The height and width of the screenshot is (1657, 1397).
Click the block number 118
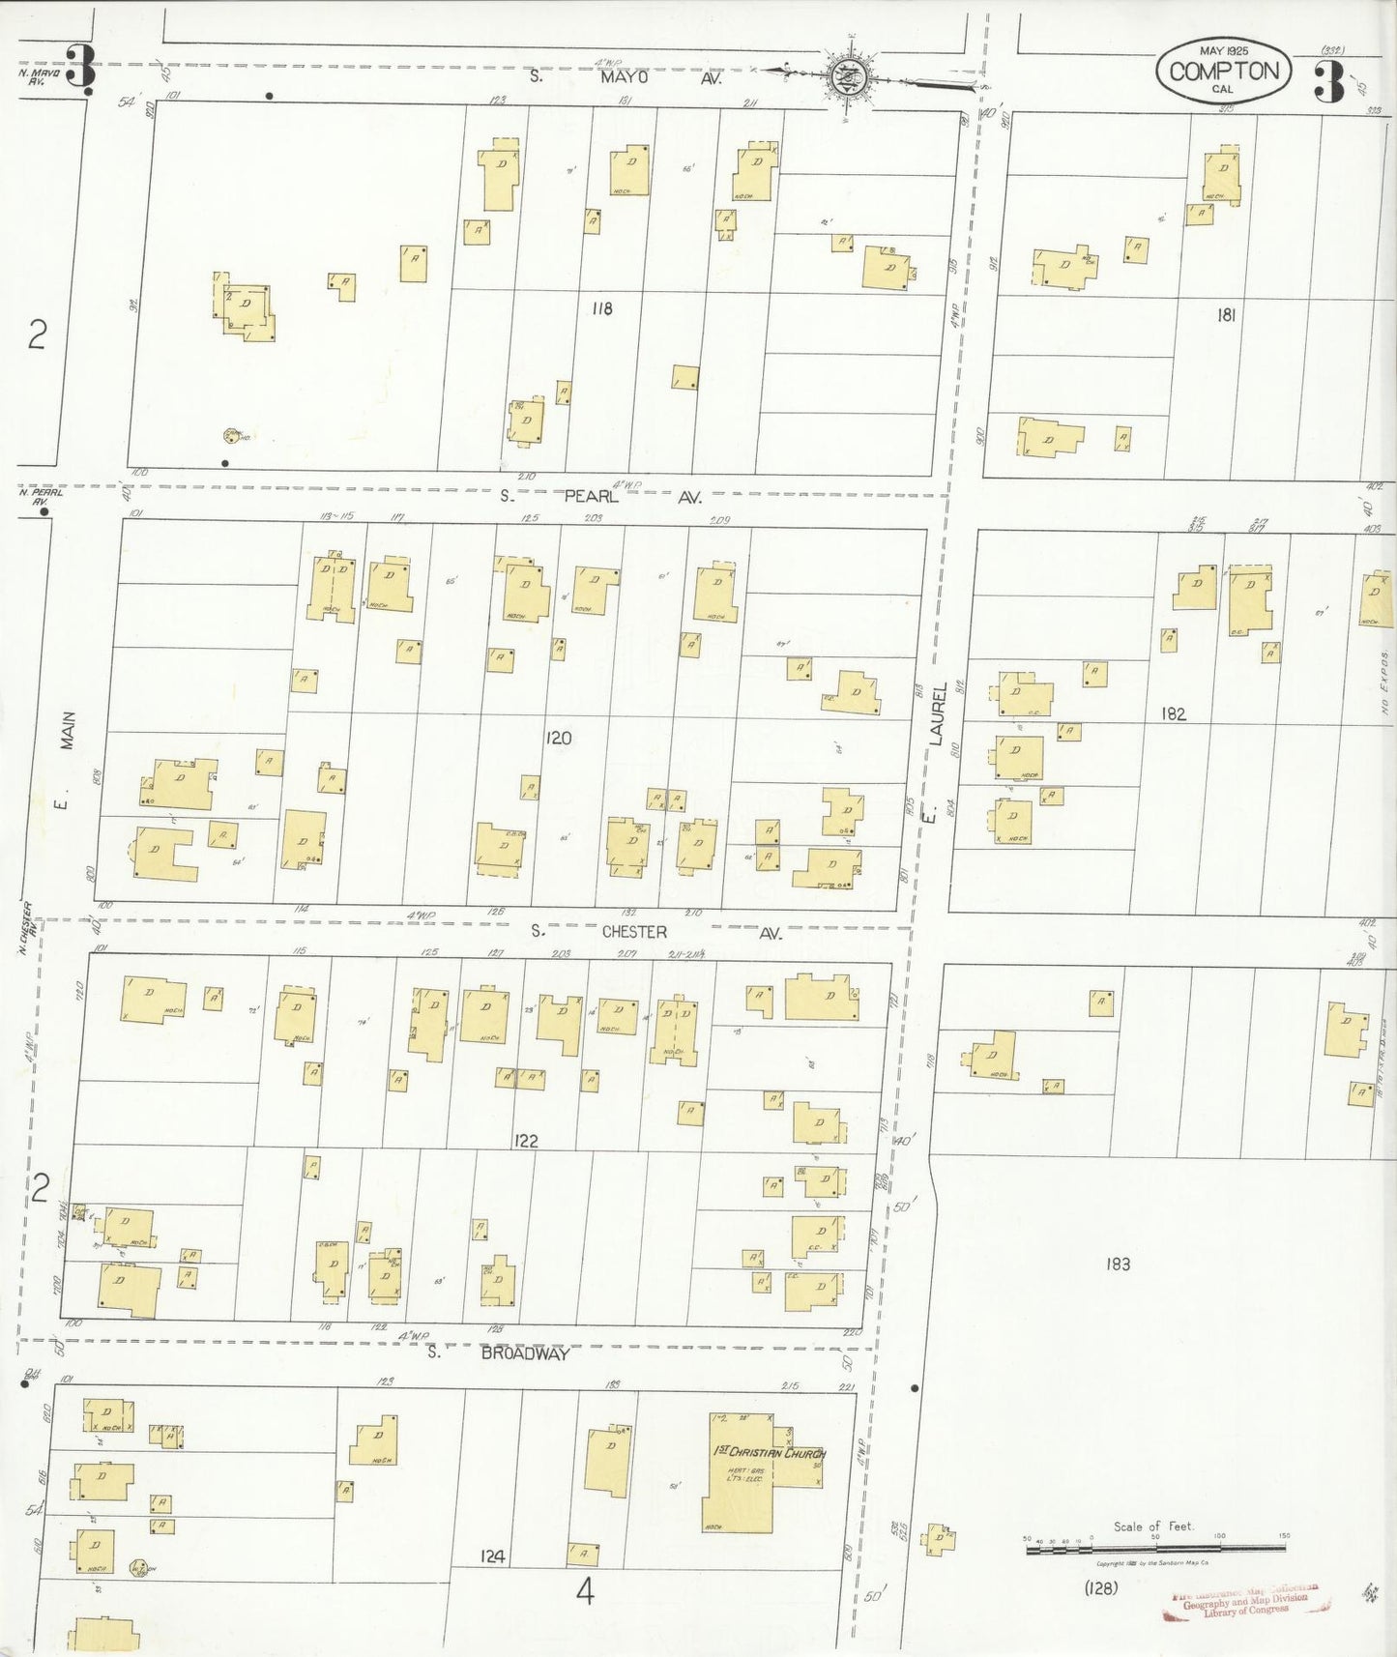[x=602, y=309]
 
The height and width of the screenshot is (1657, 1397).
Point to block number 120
[x=558, y=738]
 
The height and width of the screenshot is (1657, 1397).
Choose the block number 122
[x=526, y=1141]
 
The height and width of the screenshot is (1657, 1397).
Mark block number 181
[x=1226, y=314]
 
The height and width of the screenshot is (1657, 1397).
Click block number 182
[x=1174, y=713]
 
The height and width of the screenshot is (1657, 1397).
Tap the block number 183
[x=1118, y=1264]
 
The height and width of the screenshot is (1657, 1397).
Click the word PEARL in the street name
[x=591, y=497]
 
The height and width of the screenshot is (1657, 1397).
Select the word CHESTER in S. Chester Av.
[x=634, y=932]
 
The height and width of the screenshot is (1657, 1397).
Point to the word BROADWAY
[x=524, y=1353]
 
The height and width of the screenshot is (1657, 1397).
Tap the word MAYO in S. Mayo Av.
[x=624, y=76]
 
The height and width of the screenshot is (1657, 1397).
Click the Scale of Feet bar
[x=1158, y=1548]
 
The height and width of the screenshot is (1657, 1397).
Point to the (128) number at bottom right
[x=1101, y=1587]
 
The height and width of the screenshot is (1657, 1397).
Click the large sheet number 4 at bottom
[x=584, y=1591]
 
